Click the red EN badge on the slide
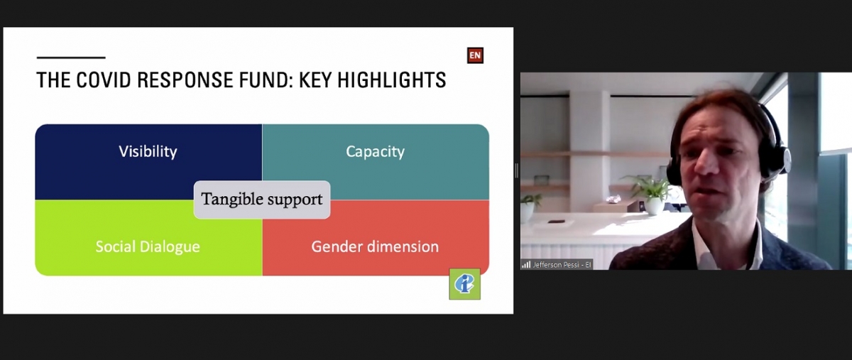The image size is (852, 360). point(475,55)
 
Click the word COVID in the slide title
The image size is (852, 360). point(102,80)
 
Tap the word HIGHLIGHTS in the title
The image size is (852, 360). point(391,80)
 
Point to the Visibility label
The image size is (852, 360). point(148,151)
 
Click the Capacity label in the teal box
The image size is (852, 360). point(376,151)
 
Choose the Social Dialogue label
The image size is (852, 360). point(148,246)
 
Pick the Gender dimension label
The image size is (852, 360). point(375,246)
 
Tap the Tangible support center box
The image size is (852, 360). point(262,200)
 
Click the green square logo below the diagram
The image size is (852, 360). point(465,284)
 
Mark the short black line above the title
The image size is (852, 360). point(71,58)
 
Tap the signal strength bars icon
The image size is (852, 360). point(526,264)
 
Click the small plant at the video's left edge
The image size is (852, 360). point(529,207)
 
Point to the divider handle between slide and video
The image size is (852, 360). point(517,170)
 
